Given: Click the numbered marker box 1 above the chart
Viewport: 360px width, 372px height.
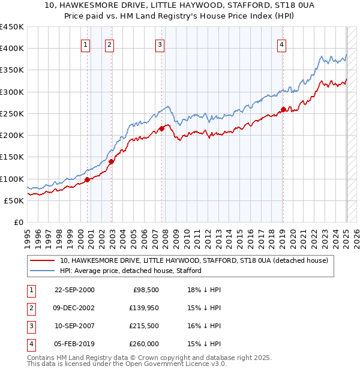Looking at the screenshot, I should pyautogui.click(x=86, y=44).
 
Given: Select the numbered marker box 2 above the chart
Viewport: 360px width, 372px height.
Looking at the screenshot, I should pyautogui.click(x=109, y=44).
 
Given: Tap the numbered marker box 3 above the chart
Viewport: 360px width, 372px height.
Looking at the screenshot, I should pyautogui.click(x=160, y=44).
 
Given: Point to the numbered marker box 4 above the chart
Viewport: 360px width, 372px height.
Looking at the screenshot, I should pyautogui.click(x=281, y=44).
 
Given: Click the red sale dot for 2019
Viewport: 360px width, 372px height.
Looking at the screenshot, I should pyautogui.click(x=283, y=109).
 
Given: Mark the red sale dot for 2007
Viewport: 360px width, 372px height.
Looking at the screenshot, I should pyautogui.click(x=162, y=128).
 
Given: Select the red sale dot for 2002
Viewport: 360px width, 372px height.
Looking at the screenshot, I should pyautogui.click(x=112, y=161).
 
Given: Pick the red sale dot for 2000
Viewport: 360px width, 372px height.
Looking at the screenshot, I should pyautogui.click(x=88, y=179).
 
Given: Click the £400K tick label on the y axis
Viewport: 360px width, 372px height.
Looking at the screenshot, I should pyautogui.click(x=12, y=49).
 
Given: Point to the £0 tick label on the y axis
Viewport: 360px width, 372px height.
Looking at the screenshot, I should pyautogui.click(x=18, y=222).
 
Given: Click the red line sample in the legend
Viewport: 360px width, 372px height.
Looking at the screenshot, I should pyautogui.click(x=42, y=261).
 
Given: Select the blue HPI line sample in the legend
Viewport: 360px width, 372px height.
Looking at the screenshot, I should pyautogui.click(x=42, y=271).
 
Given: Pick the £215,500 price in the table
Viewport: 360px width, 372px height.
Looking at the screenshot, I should pyautogui.click(x=144, y=326).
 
